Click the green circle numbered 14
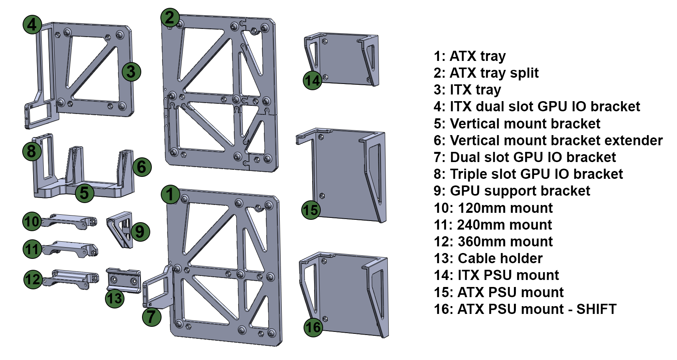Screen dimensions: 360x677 (x=312, y=81)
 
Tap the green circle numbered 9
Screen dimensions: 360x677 (x=140, y=232)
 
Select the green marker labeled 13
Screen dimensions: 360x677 (x=115, y=299)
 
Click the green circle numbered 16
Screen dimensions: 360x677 (x=313, y=327)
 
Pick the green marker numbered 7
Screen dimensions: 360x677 (x=151, y=317)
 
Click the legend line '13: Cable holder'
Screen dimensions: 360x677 (x=488, y=258)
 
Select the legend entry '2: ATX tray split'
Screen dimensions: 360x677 (x=486, y=73)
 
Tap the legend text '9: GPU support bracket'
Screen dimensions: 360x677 (x=512, y=191)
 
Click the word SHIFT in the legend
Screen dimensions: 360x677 (x=596, y=309)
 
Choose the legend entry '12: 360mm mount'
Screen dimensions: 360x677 (x=493, y=242)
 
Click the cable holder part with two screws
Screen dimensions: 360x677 (x=124, y=280)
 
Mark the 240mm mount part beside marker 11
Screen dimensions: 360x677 (x=70, y=249)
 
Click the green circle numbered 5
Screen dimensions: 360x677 (x=84, y=192)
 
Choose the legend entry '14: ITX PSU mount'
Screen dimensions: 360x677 (x=496, y=275)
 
